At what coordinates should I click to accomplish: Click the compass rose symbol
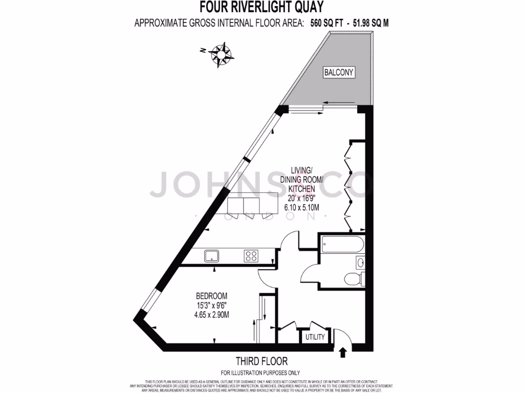[x=221, y=53]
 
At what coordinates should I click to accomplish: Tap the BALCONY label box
[x=339, y=72]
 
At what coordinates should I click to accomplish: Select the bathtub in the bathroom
[x=341, y=244]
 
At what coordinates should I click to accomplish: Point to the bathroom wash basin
[x=360, y=263]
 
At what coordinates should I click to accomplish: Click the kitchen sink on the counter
[x=211, y=255]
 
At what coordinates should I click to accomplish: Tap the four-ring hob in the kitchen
[x=251, y=255]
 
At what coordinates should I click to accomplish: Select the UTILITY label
[x=315, y=337]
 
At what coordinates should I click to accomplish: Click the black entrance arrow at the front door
[x=342, y=352]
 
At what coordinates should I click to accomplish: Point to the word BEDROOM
[x=211, y=296]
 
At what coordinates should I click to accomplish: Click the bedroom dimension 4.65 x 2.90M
[x=211, y=315]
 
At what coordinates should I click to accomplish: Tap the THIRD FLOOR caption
[x=261, y=361]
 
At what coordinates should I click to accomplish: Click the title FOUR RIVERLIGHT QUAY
[x=261, y=7]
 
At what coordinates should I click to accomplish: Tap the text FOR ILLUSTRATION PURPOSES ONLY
[x=260, y=373]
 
